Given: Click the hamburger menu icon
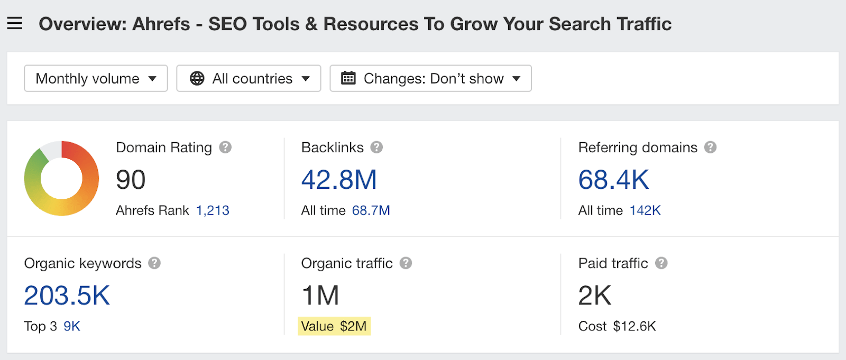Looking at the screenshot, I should [x=15, y=23].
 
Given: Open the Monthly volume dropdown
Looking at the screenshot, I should [x=96, y=78].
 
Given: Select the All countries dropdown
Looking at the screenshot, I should [x=249, y=78].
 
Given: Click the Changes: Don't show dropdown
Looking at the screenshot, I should [x=430, y=78].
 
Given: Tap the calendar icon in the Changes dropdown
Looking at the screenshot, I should [x=348, y=78].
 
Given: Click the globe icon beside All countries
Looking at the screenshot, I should [x=197, y=78].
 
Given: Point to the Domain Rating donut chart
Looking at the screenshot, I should [x=61, y=178].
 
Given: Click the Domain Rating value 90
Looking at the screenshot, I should [x=131, y=180].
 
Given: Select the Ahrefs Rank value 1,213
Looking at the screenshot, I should [x=213, y=210].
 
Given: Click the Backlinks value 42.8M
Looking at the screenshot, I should [x=339, y=180].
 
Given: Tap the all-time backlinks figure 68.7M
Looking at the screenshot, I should [x=371, y=210].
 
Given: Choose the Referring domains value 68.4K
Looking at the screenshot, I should [x=613, y=180].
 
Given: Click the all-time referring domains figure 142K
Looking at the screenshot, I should [x=645, y=210].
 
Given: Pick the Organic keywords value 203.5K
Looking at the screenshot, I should [x=67, y=296].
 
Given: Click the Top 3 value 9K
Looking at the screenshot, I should [x=72, y=326].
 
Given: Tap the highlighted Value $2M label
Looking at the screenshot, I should [x=334, y=326].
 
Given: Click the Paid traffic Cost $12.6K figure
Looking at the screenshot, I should [x=634, y=326].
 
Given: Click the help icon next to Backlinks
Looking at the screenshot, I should [x=376, y=147].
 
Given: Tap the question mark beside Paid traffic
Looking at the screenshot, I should [x=661, y=263].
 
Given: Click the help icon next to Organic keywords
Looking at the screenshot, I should [x=154, y=263].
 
